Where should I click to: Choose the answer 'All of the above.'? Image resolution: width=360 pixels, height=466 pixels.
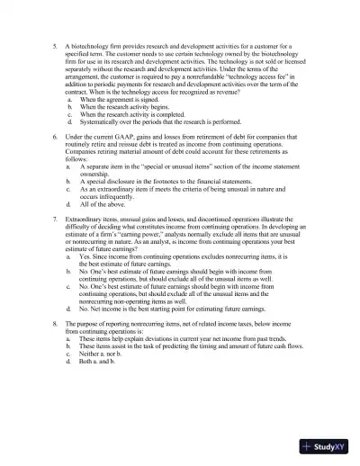(x=103, y=205)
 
